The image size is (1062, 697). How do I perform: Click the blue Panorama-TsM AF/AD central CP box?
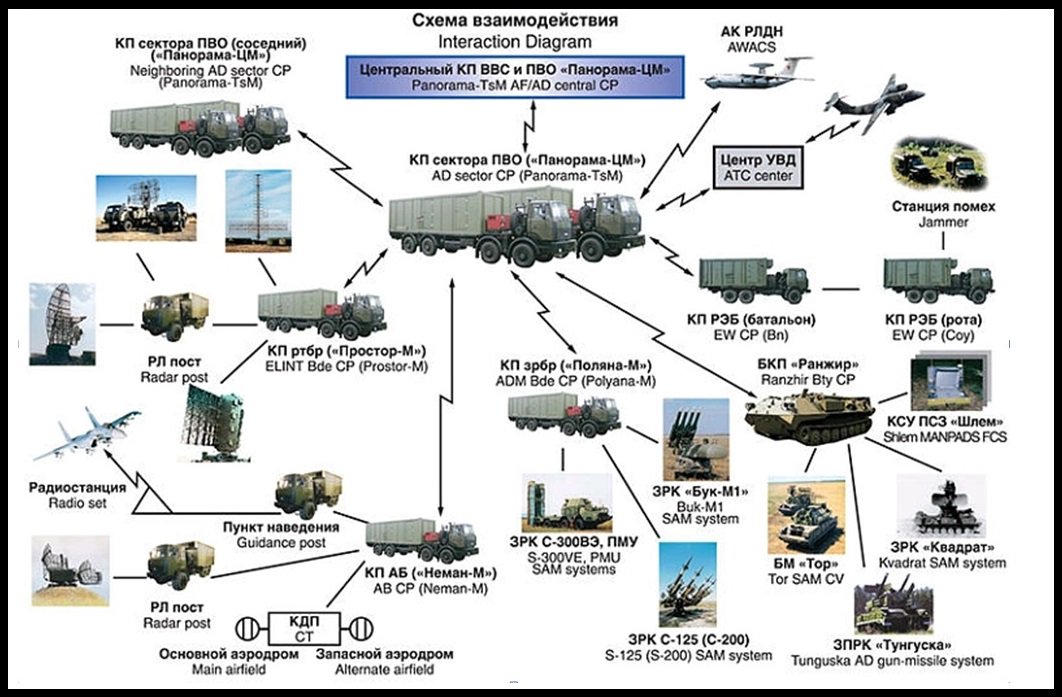point(516,77)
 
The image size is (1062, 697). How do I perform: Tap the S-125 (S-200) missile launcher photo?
point(687,584)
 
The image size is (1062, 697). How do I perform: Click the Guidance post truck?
point(308,495)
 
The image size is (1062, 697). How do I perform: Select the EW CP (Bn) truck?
point(752,281)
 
